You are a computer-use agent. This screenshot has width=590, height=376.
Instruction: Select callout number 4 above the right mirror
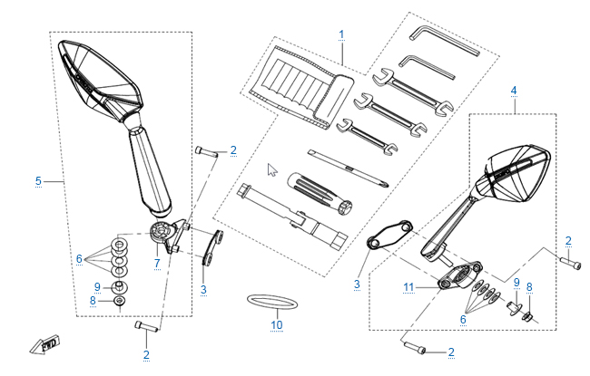514,92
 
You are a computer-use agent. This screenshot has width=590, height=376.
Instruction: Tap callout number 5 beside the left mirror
38,181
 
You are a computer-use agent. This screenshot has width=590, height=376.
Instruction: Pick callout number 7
156,264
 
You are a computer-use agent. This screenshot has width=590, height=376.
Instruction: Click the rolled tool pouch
300,85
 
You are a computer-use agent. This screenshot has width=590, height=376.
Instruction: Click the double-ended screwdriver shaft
345,168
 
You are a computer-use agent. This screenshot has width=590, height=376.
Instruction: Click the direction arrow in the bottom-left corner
44,345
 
